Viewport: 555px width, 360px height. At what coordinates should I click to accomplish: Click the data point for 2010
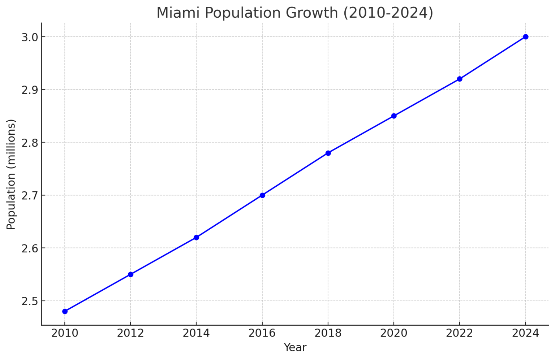tap(65, 311)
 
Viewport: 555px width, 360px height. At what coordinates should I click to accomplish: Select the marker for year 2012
tap(131, 274)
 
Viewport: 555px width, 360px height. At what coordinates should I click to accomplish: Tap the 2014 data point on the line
tap(196, 237)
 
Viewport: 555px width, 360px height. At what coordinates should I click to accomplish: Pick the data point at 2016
tap(262, 195)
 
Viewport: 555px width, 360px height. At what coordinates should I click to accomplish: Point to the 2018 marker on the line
tap(328, 153)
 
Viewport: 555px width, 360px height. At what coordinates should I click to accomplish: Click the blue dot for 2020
tap(394, 116)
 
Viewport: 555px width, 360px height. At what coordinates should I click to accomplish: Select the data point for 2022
tap(460, 79)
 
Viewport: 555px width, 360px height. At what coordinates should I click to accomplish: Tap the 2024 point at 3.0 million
tap(526, 37)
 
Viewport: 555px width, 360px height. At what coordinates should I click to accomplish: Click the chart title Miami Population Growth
tap(294, 13)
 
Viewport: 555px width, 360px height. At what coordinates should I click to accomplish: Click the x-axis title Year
tap(295, 347)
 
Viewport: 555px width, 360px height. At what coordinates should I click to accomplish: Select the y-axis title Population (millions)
tap(11, 174)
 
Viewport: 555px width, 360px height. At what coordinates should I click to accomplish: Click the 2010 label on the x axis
tap(65, 333)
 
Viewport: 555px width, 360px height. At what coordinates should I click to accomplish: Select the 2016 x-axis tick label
tap(262, 333)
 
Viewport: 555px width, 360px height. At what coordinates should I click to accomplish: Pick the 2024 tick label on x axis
tap(525, 333)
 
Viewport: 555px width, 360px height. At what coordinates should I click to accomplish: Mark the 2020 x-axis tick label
tap(393, 333)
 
